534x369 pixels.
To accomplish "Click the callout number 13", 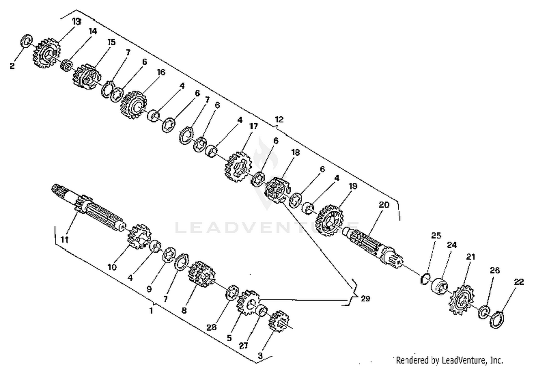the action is (x=77, y=22).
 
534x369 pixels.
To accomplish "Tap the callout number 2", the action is (x=12, y=66).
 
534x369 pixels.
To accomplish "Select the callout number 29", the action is (x=365, y=298).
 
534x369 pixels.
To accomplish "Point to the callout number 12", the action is (x=279, y=119).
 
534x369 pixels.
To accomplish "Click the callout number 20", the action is (x=384, y=205).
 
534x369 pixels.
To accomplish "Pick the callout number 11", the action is (x=64, y=239).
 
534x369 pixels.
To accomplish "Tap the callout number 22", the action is (x=519, y=282).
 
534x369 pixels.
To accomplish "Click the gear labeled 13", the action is (x=47, y=53).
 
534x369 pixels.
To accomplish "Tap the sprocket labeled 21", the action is (x=461, y=301).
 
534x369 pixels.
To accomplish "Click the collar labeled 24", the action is (x=439, y=285).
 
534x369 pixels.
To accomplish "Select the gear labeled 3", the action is (x=278, y=321).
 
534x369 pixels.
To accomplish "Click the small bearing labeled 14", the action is (x=66, y=65).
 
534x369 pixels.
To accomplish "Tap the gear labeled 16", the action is (x=133, y=104).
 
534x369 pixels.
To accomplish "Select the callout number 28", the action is (x=211, y=327).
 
